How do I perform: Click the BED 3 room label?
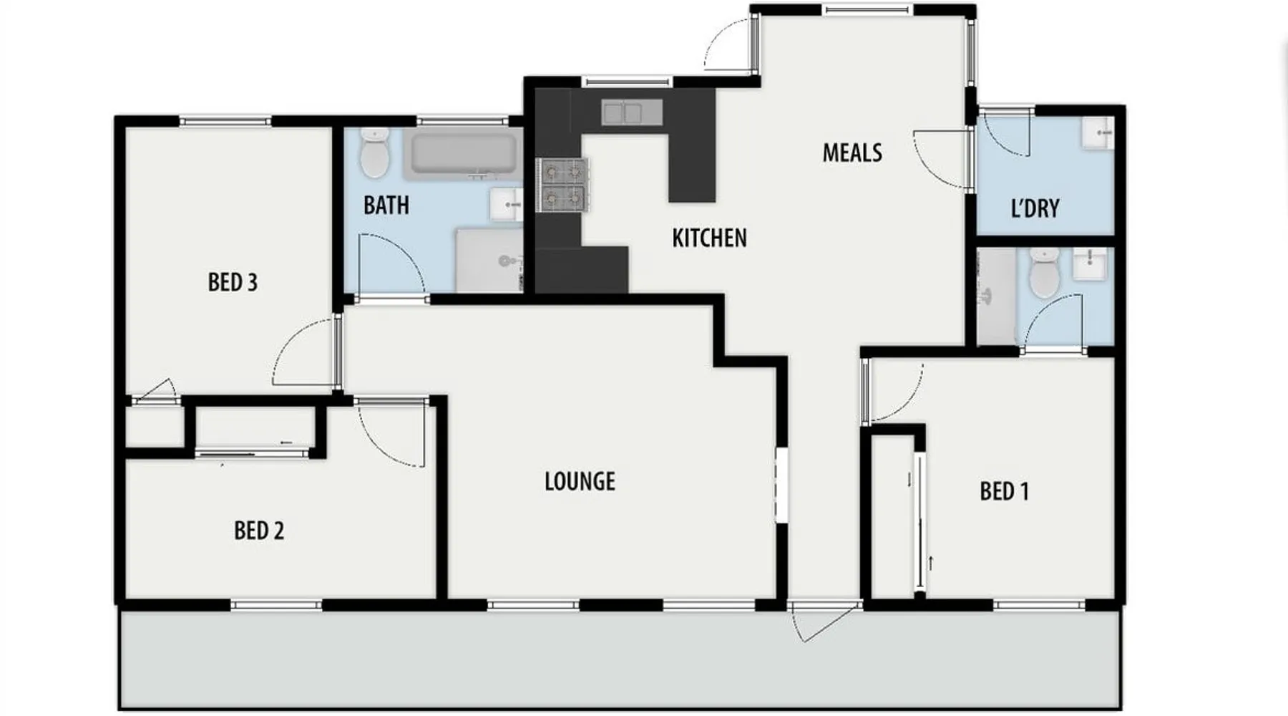click(x=233, y=282)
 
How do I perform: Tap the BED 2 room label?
click(x=259, y=531)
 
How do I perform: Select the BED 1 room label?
click(x=1005, y=491)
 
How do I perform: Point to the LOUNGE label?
click(x=580, y=481)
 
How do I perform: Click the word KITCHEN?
click(x=709, y=238)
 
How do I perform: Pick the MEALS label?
click(x=852, y=153)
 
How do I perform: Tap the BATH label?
click(x=386, y=205)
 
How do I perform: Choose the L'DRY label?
click(x=1035, y=208)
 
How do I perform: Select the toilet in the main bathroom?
click(x=374, y=153)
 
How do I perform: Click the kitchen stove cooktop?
click(x=563, y=185)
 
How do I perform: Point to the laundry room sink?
click(x=1097, y=133)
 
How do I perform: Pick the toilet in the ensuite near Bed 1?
click(x=1044, y=273)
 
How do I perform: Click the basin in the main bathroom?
click(x=507, y=205)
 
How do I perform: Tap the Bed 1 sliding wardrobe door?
click(x=920, y=523)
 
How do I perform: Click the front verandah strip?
click(x=620, y=659)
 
